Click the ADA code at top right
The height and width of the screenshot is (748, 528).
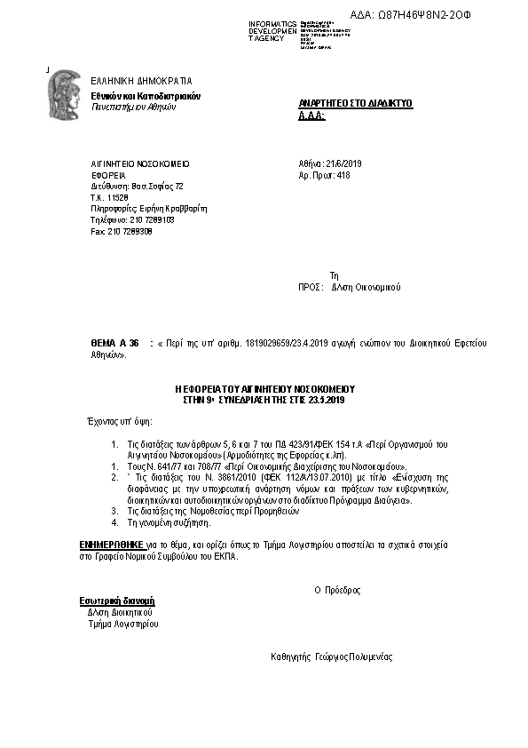point(437,16)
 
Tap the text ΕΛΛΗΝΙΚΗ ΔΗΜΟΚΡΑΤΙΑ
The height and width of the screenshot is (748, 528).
point(141,81)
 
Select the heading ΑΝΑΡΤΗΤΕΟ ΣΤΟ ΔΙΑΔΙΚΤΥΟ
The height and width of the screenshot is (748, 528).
point(356,104)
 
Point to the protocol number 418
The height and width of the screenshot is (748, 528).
point(343,176)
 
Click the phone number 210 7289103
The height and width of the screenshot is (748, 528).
point(146,219)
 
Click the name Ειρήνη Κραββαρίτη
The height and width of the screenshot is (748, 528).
point(173,209)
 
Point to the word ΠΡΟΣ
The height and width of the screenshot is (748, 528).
point(309,288)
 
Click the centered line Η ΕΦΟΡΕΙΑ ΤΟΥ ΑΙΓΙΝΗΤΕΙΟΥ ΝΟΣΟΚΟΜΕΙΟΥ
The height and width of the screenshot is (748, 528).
point(264,389)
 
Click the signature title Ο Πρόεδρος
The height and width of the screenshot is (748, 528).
point(337,590)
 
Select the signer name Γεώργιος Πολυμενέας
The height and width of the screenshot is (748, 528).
point(353,657)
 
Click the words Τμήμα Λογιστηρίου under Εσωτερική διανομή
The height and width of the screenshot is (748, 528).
point(122,624)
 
